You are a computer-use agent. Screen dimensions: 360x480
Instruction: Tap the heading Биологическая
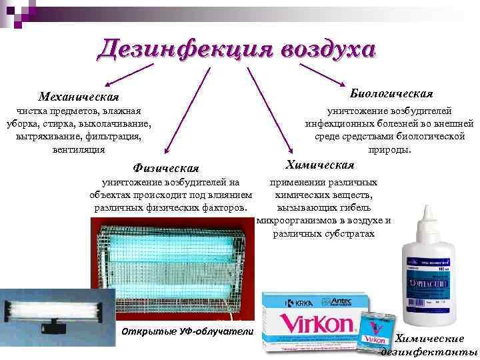(391, 93)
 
